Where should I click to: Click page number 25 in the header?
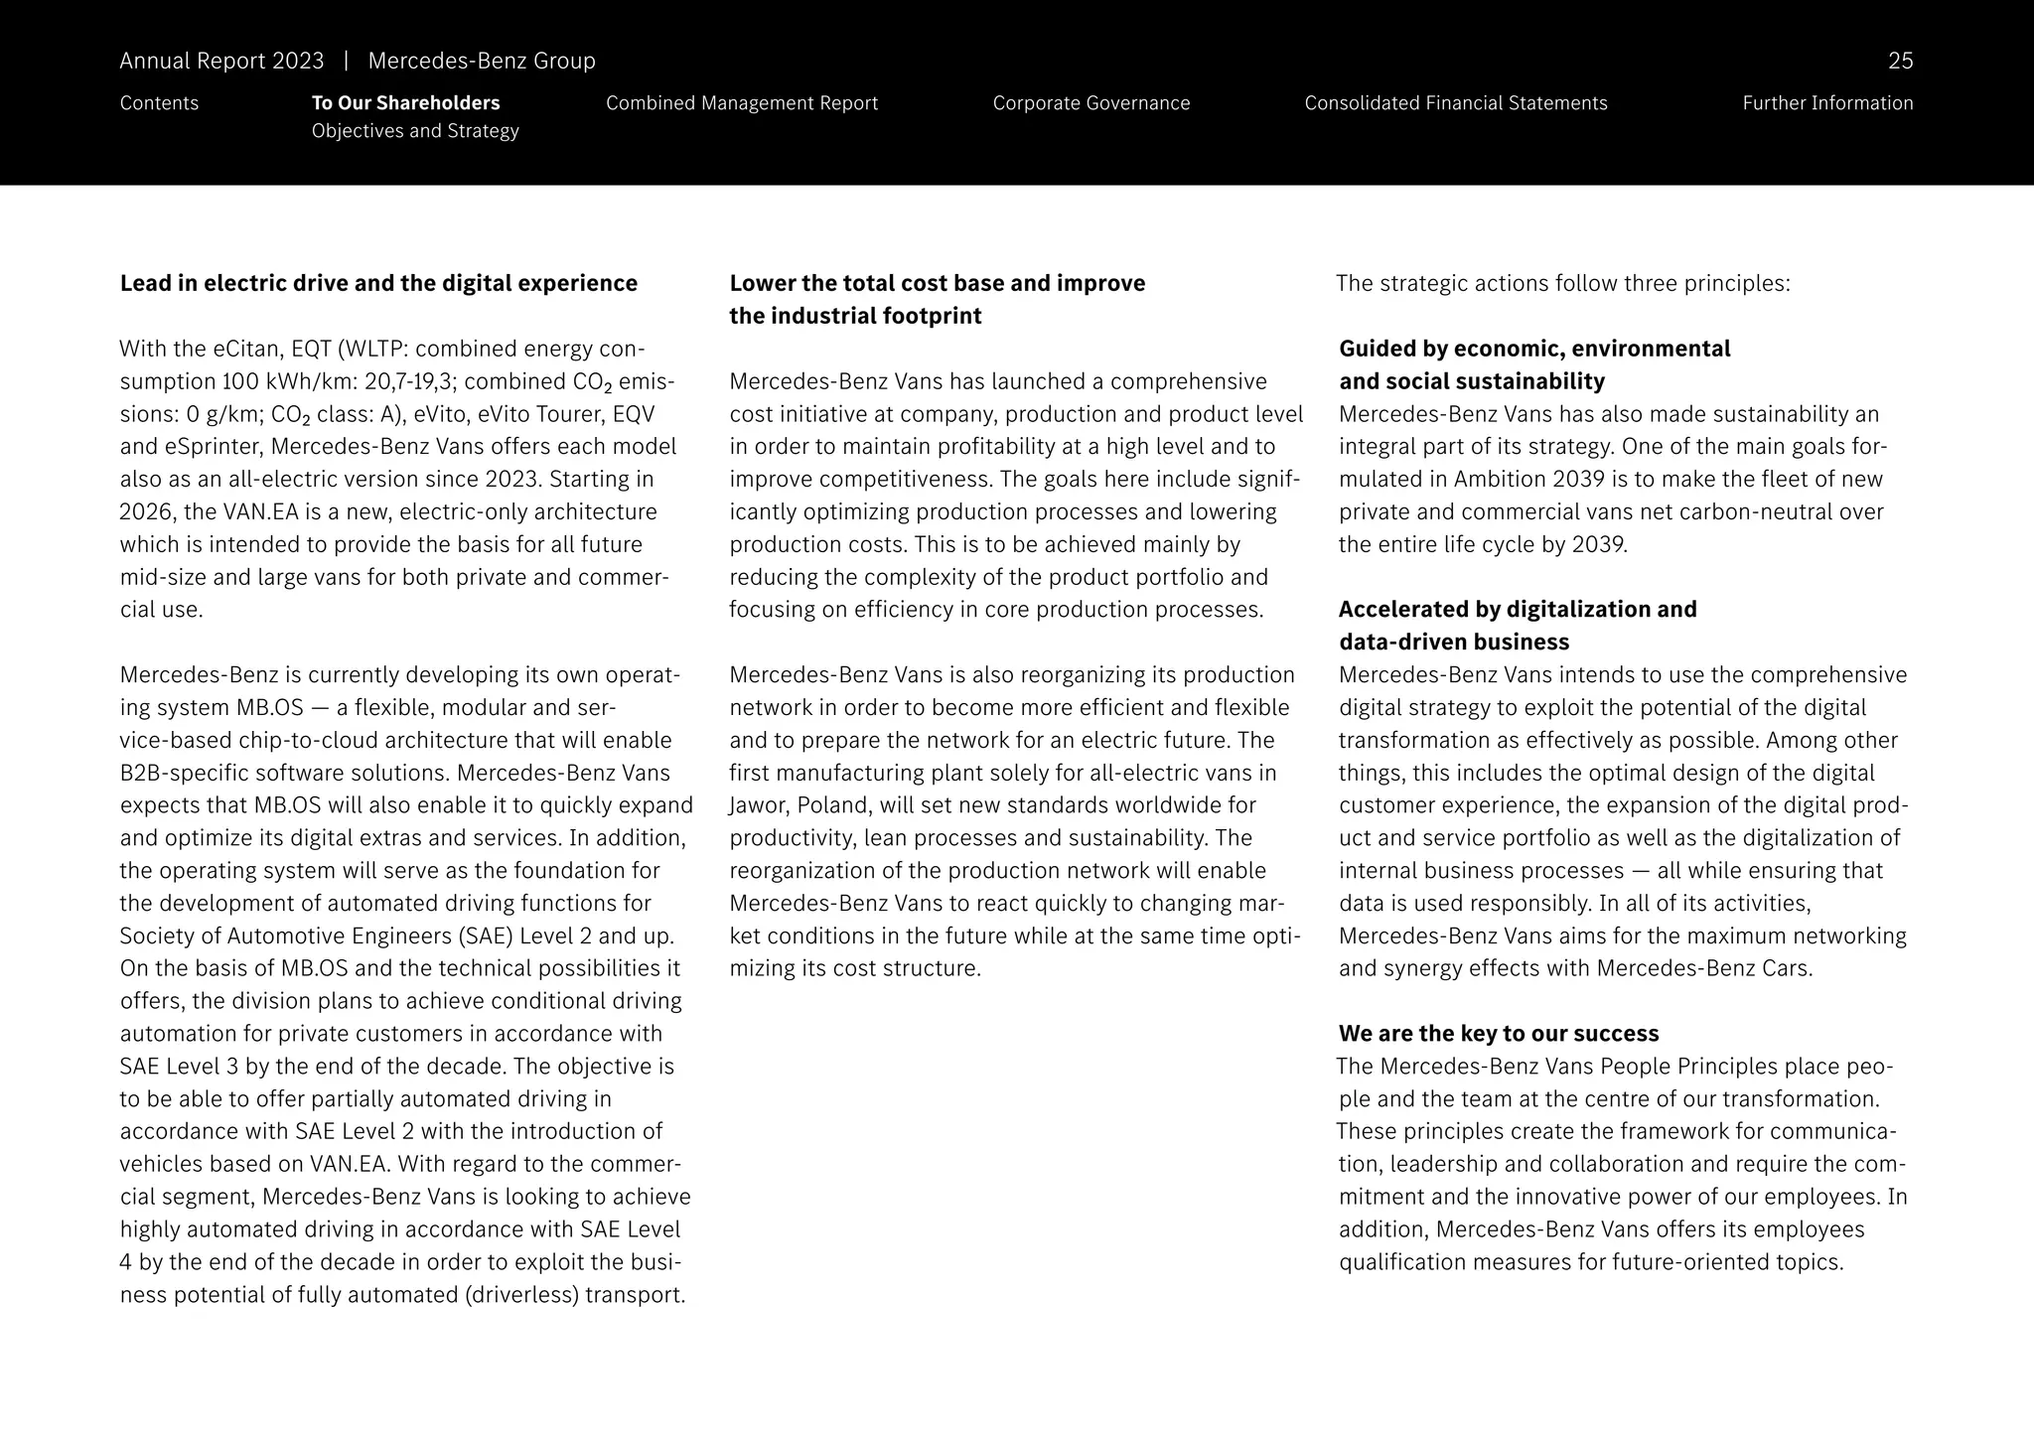point(1899,62)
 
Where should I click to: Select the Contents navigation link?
point(159,103)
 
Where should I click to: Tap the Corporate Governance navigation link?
point(1090,103)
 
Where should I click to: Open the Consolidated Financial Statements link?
point(1455,103)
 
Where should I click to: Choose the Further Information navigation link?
point(1826,103)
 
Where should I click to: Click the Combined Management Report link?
point(741,103)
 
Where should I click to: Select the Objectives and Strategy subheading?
point(414,131)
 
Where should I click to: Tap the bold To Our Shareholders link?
point(405,103)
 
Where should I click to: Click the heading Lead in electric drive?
point(378,284)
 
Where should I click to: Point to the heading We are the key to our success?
point(1498,1034)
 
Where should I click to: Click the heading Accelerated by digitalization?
point(1517,610)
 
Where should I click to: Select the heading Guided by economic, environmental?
point(1533,350)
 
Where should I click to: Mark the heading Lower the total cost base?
point(937,284)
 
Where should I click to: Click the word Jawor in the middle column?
point(759,805)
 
